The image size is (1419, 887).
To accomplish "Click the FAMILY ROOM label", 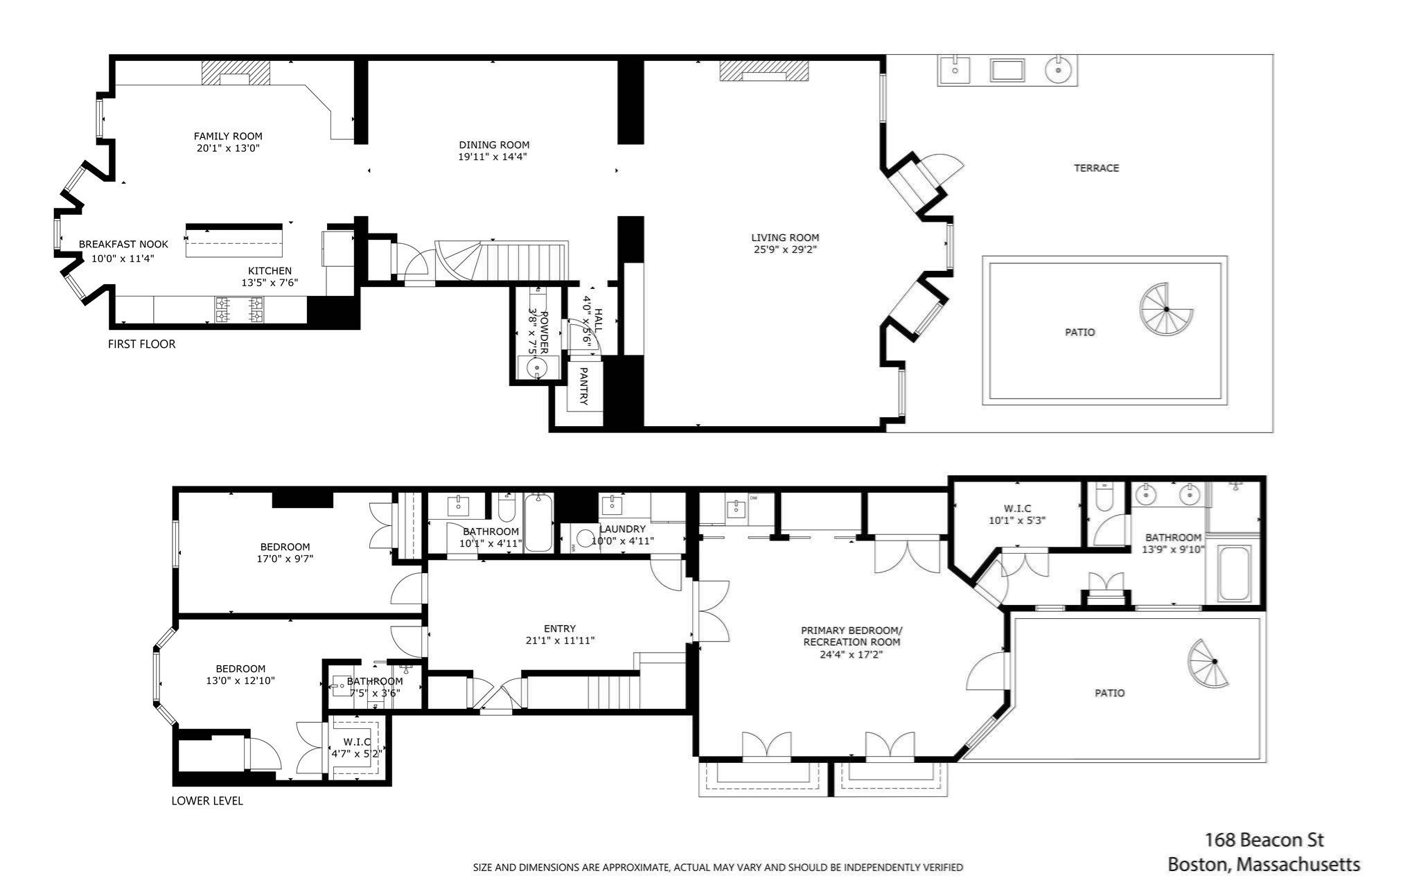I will (228, 137).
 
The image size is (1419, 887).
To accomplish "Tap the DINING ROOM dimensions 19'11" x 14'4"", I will (493, 157).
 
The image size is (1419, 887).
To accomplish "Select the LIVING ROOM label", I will (785, 238).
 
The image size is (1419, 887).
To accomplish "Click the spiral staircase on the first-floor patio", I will (1165, 309).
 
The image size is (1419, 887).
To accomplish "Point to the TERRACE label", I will (1096, 168).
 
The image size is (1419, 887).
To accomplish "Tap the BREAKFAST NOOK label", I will (123, 245).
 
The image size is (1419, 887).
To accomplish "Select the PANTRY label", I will (583, 386).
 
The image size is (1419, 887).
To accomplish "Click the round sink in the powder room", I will (537, 368).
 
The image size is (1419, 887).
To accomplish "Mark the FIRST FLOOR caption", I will (142, 344).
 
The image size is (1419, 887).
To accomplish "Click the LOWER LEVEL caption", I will (207, 801).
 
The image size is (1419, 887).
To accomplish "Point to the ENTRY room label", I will (560, 629).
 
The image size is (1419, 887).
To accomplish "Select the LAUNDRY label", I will (622, 529).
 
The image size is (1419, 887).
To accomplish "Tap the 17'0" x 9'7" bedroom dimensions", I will (285, 559).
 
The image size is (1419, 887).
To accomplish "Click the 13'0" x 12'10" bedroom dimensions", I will (240, 680).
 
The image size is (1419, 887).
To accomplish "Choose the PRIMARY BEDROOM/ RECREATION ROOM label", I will (852, 636).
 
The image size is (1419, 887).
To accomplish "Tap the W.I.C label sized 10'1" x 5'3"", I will (1016, 509).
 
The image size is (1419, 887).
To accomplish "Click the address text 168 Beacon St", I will (1264, 840).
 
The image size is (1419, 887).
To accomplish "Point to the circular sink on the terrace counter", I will (1058, 70).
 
